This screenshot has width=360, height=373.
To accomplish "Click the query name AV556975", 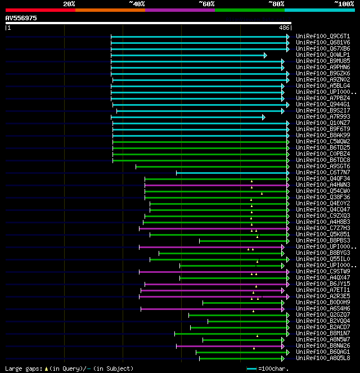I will (x=21, y=18).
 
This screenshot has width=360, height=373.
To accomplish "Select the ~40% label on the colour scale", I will (x=137, y=4).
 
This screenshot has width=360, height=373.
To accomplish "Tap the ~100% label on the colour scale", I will (x=344, y=4).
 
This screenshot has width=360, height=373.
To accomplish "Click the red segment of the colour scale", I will (x=40, y=10).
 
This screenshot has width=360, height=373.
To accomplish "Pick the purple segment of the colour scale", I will (x=179, y=10).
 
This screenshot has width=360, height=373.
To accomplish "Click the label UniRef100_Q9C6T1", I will (x=322, y=37).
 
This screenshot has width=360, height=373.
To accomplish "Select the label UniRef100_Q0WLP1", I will (x=322, y=55).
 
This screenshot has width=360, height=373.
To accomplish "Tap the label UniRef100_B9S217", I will (x=322, y=111).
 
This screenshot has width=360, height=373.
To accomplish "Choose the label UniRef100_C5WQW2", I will (x=322, y=142).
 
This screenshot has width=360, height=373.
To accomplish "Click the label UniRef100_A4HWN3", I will (x=322, y=185).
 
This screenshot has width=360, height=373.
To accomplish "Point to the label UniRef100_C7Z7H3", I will (x=322, y=228).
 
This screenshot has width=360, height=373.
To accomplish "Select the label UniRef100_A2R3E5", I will (x=322, y=296).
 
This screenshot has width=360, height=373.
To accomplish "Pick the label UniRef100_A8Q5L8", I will (x=322, y=358).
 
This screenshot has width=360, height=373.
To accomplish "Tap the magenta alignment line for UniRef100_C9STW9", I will (x=214, y=272).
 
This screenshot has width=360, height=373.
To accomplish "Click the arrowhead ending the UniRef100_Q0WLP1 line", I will (x=265, y=55).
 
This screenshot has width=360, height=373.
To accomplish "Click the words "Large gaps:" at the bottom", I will (x=22, y=369).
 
